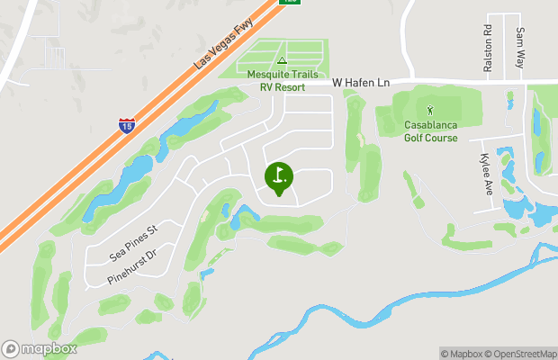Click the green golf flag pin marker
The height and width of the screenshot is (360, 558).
coord(278,176)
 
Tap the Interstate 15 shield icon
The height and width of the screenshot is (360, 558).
coord(128,125)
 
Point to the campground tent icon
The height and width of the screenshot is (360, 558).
coord(282,61)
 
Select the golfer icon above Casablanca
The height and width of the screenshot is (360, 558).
coord(429,111)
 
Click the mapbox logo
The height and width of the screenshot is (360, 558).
coord(40,348)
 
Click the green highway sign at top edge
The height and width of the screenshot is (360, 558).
coord(290,2)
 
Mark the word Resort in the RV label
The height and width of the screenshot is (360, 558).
coord(290,88)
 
